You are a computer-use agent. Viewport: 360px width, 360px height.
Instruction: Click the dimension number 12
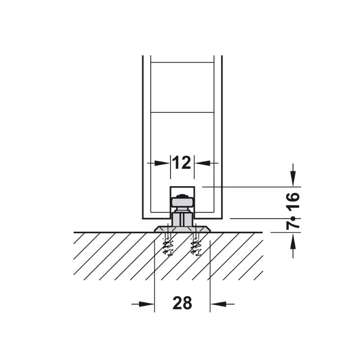pyautogui.click(x=182, y=162)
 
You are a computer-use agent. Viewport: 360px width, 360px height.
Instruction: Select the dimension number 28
pyautogui.click(x=182, y=303)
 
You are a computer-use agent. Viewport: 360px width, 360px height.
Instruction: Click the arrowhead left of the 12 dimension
pyautogui.click(x=162, y=163)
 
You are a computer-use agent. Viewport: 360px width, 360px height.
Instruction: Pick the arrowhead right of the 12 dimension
pyautogui.click(x=202, y=163)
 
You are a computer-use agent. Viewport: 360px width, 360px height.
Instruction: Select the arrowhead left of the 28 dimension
pyautogui.click(x=147, y=304)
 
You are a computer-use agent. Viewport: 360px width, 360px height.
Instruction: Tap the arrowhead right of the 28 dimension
pyautogui.click(x=218, y=304)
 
